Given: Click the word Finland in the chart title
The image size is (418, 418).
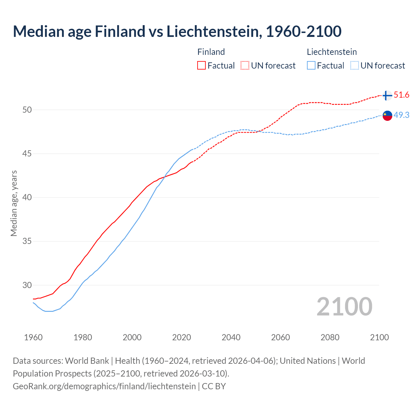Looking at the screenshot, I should coord(120,31).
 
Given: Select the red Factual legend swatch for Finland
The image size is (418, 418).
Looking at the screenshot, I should coord(201,66).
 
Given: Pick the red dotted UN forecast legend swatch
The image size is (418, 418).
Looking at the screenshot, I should coord(245,66).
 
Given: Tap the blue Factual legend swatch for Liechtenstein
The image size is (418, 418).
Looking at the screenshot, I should coord(311,66).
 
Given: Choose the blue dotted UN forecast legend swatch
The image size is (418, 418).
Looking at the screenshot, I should coord(355,66).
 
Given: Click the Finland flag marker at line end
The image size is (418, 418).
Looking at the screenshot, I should coord(387,95).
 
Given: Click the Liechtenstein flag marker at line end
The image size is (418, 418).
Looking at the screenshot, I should coord(387,116).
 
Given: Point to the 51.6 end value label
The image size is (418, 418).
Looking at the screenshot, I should coord(401,95).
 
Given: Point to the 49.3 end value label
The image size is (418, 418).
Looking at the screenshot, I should coord(401,115).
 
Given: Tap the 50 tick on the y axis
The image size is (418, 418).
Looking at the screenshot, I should coord(27,110).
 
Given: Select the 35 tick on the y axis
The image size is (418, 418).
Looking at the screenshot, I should coord(27,242).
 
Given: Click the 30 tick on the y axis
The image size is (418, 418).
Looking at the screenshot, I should coord(27,285).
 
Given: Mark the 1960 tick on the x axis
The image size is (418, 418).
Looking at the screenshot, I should coord(33,337).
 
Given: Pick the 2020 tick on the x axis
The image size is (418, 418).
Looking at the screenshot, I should coord(182,337).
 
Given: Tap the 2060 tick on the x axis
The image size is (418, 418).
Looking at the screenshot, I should coord(281,337).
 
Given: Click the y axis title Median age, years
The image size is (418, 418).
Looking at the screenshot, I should coord(14,203).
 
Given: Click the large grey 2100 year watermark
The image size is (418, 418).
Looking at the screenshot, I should coord(345,307).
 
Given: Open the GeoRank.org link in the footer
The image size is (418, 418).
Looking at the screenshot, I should coord(104,386).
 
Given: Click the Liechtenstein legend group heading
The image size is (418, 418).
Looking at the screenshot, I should coord(332,52).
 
